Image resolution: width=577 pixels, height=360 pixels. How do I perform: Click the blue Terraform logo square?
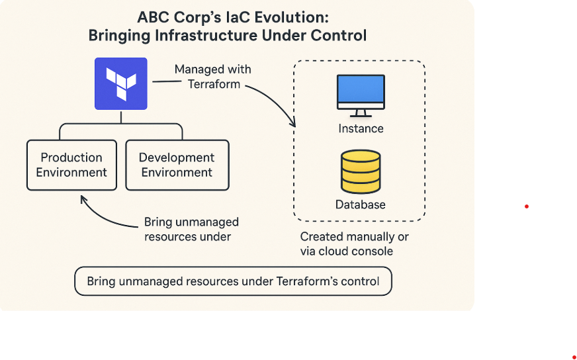[120, 83]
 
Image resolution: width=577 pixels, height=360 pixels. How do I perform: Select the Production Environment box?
[71, 165]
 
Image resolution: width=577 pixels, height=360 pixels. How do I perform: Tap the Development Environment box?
[177, 165]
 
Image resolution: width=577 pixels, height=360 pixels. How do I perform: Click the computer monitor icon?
[361, 91]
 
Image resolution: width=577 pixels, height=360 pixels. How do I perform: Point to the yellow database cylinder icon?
[361, 171]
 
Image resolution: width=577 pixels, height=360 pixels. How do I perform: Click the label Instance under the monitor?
[361, 128]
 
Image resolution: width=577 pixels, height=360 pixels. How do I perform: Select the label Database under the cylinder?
[361, 204]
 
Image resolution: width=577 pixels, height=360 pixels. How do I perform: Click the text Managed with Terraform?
[213, 76]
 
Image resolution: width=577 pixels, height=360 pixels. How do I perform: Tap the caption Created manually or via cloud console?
[355, 244]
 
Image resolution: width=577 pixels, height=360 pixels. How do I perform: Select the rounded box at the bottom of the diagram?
[233, 281]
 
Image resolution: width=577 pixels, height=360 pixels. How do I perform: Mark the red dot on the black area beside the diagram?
[527, 206]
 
